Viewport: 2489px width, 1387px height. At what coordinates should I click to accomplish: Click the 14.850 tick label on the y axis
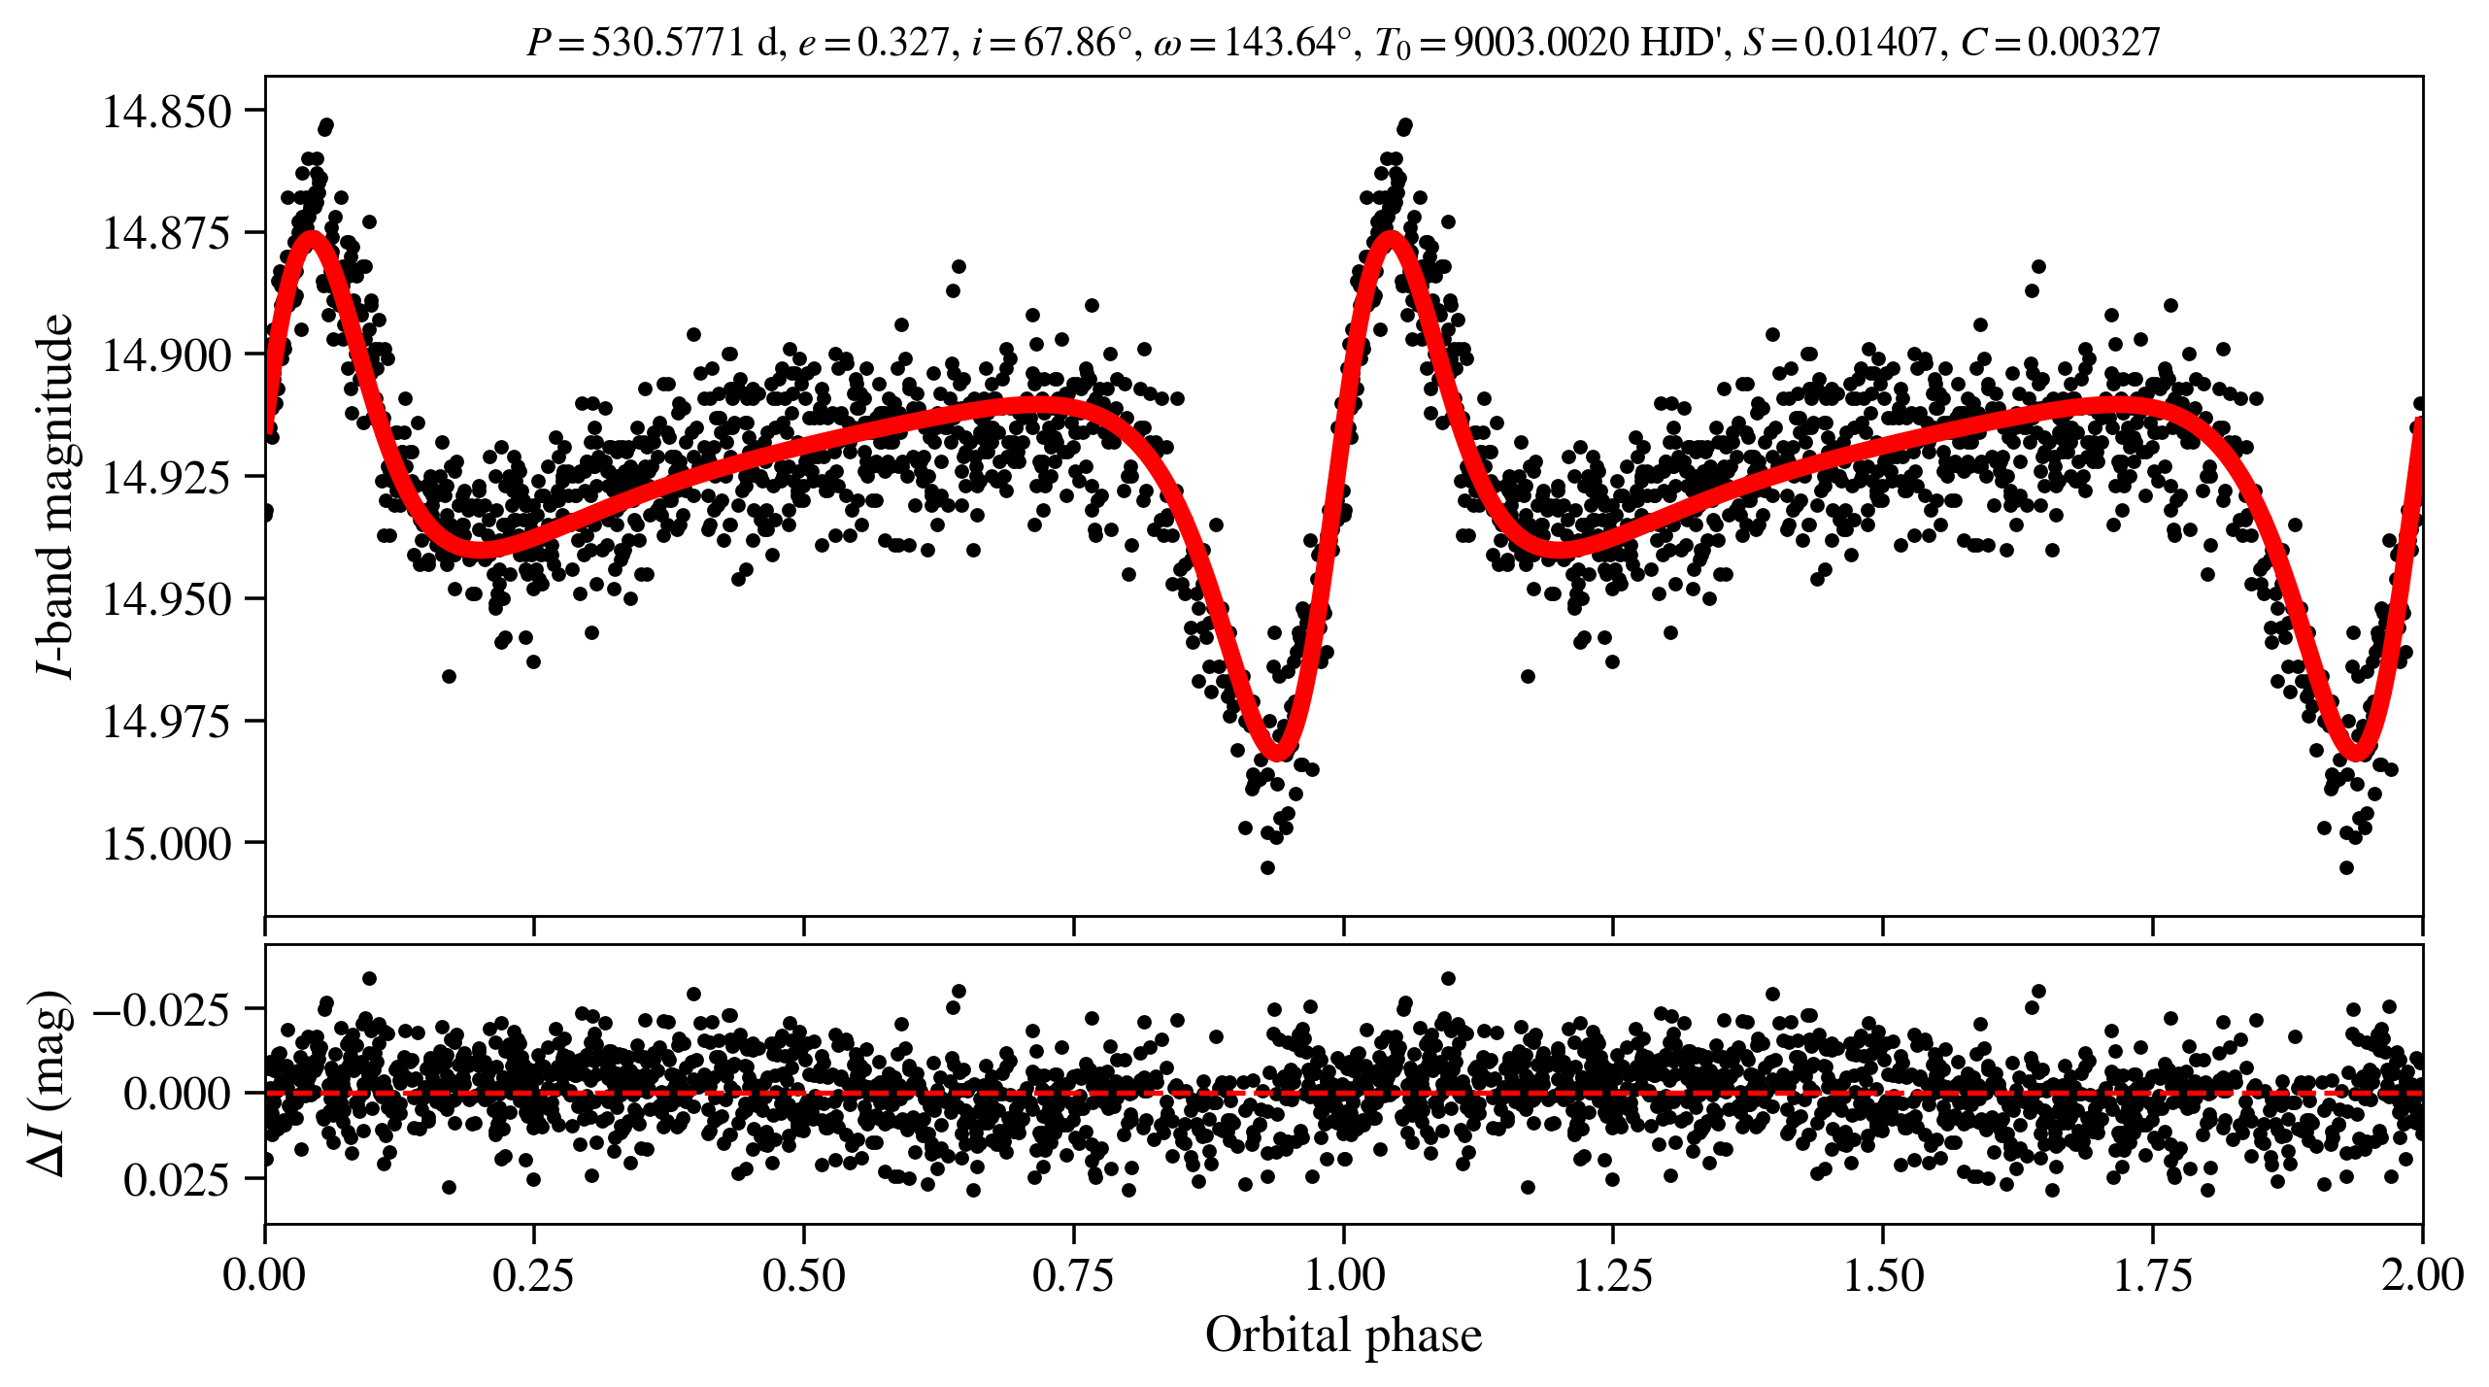(167, 112)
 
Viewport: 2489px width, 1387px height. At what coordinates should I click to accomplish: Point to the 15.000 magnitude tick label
(167, 843)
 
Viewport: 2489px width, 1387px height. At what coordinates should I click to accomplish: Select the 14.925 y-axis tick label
(167, 477)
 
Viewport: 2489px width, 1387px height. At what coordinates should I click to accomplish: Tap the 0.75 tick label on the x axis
(1073, 1274)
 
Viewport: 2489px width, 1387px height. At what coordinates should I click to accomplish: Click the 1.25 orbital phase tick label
(1612, 1274)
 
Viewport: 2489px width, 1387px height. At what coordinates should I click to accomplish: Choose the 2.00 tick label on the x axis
(2421, 1274)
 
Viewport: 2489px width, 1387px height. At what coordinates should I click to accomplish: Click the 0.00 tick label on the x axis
(264, 1274)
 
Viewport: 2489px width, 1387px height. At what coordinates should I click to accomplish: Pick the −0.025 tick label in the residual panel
(162, 1010)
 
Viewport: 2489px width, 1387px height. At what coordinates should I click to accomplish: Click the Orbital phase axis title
(1343, 1336)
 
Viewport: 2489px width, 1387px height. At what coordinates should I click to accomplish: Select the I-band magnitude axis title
(55, 495)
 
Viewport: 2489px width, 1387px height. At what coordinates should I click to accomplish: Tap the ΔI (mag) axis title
(50, 1083)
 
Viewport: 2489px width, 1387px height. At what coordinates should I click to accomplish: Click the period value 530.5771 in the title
(667, 43)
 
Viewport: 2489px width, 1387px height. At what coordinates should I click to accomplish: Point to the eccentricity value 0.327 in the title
(902, 43)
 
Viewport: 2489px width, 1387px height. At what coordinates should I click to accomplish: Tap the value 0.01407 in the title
(1869, 43)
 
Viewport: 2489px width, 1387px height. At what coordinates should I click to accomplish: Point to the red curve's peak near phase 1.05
(1392, 238)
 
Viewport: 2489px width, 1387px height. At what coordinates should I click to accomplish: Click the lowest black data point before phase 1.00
(1267, 867)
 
